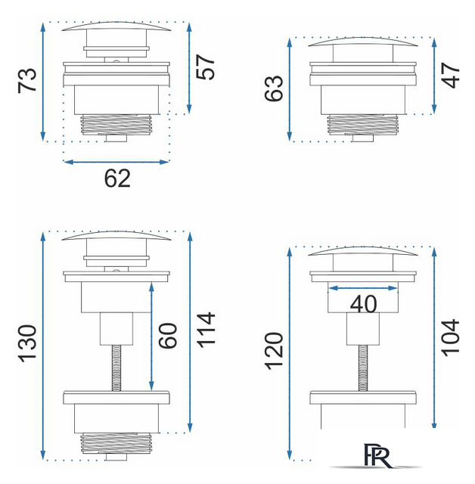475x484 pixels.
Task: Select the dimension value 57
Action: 205,67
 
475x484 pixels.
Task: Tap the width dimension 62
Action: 117,178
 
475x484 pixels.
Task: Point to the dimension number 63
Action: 274,88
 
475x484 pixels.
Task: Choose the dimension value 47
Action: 451,76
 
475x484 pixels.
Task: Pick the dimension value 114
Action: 206,330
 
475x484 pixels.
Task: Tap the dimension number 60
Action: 168,336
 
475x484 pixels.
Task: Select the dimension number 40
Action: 363,304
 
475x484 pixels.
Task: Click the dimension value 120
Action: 274,351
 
